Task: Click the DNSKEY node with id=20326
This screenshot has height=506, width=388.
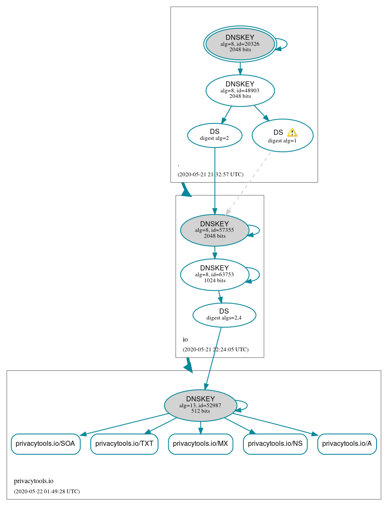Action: coord(240,44)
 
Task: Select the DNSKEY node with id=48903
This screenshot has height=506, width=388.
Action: coord(240,90)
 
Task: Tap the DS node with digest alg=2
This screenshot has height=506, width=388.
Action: coord(215,135)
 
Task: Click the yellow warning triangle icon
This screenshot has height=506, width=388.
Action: coord(292,132)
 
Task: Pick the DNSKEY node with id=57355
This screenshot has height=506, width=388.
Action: coord(215,230)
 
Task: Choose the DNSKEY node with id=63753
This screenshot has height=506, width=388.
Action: coord(215,275)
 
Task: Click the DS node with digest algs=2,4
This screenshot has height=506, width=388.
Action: coord(224,315)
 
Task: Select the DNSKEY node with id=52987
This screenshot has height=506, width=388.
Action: coord(200,405)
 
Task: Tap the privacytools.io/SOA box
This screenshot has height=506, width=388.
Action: coord(45,444)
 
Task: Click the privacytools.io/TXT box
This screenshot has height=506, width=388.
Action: coord(124,444)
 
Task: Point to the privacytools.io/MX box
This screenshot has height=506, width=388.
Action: coord(201,444)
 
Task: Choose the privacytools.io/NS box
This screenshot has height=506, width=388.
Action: coord(275,444)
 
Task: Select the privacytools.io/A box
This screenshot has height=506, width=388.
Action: coord(347,444)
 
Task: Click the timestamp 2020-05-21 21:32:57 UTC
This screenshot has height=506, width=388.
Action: coord(210,174)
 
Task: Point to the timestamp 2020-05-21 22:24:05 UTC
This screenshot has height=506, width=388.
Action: coord(215,350)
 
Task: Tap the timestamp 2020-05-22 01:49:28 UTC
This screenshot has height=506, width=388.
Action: coord(47,492)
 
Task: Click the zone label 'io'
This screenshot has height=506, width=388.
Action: coord(185,339)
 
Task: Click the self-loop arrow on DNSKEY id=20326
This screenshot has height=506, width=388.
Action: coord(282,44)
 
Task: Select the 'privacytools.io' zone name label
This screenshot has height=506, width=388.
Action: coord(33,481)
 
